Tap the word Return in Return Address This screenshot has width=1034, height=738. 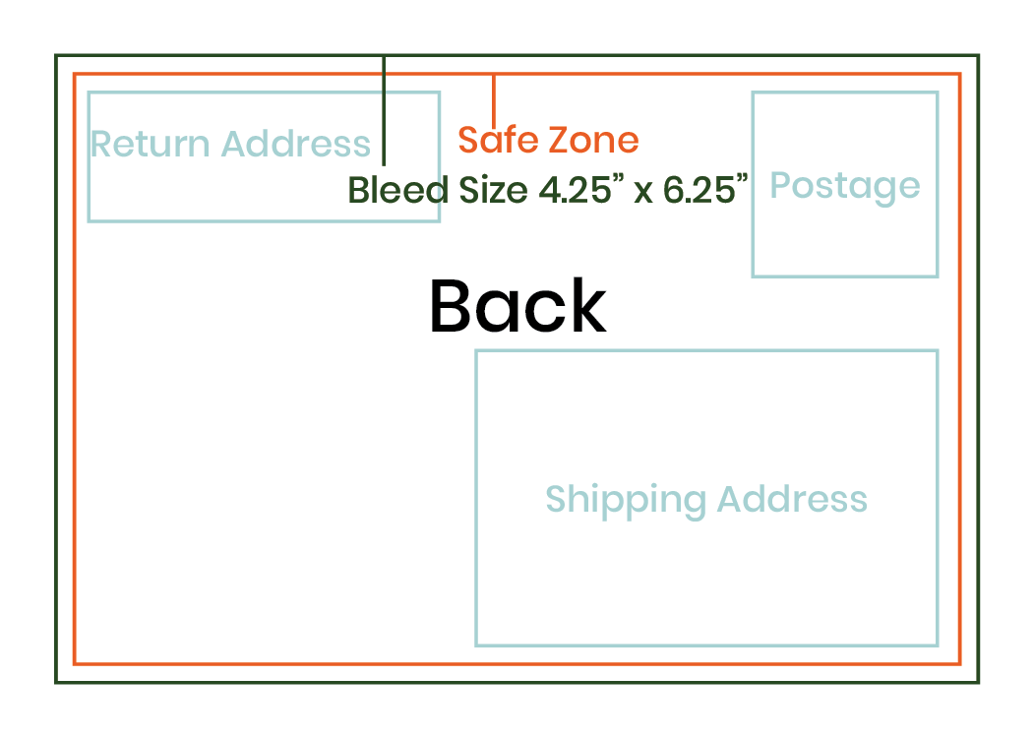pyautogui.click(x=151, y=145)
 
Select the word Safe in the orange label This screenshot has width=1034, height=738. pyautogui.click(x=499, y=140)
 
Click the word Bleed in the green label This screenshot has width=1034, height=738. pyautogui.click(x=397, y=189)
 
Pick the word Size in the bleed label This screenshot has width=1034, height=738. pyautogui.click(x=495, y=190)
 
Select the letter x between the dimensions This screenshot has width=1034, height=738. pyautogui.click(x=643, y=191)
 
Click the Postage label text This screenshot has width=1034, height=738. pyautogui.click(x=844, y=186)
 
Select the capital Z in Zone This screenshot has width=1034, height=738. pyautogui.click(x=559, y=140)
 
